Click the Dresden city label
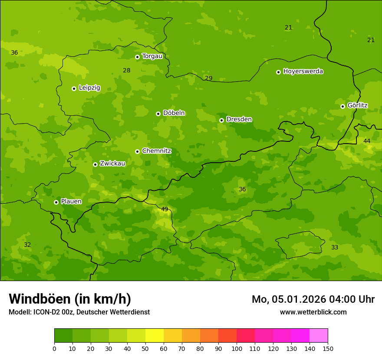pyautogui.click(x=239, y=119)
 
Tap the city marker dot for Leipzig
pyautogui.click(x=74, y=88)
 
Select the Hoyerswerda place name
pyautogui.click(x=303, y=71)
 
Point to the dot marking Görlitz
pyautogui.click(x=342, y=106)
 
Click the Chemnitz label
pyautogui.click(x=156, y=151)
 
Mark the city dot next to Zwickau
pyautogui.click(x=95, y=164)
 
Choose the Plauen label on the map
pyautogui.click(x=71, y=201)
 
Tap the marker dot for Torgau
pyautogui.click(x=137, y=57)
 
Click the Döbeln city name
pyautogui.click(x=174, y=113)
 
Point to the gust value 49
pyautogui.click(x=165, y=209)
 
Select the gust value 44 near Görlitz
pyautogui.click(x=367, y=141)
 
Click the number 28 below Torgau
pyautogui.click(x=126, y=70)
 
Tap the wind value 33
pyautogui.click(x=335, y=247)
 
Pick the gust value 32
pyautogui.click(x=27, y=245)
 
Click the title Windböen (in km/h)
pyautogui.click(x=70, y=299)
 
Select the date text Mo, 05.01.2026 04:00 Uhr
pyautogui.click(x=313, y=299)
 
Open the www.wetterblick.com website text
pyautogui.click(x=313, y=312)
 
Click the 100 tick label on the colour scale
pyautogui.click(x=237, y=348)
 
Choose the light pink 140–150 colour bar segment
pyautogui.click(x=319, y=336)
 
